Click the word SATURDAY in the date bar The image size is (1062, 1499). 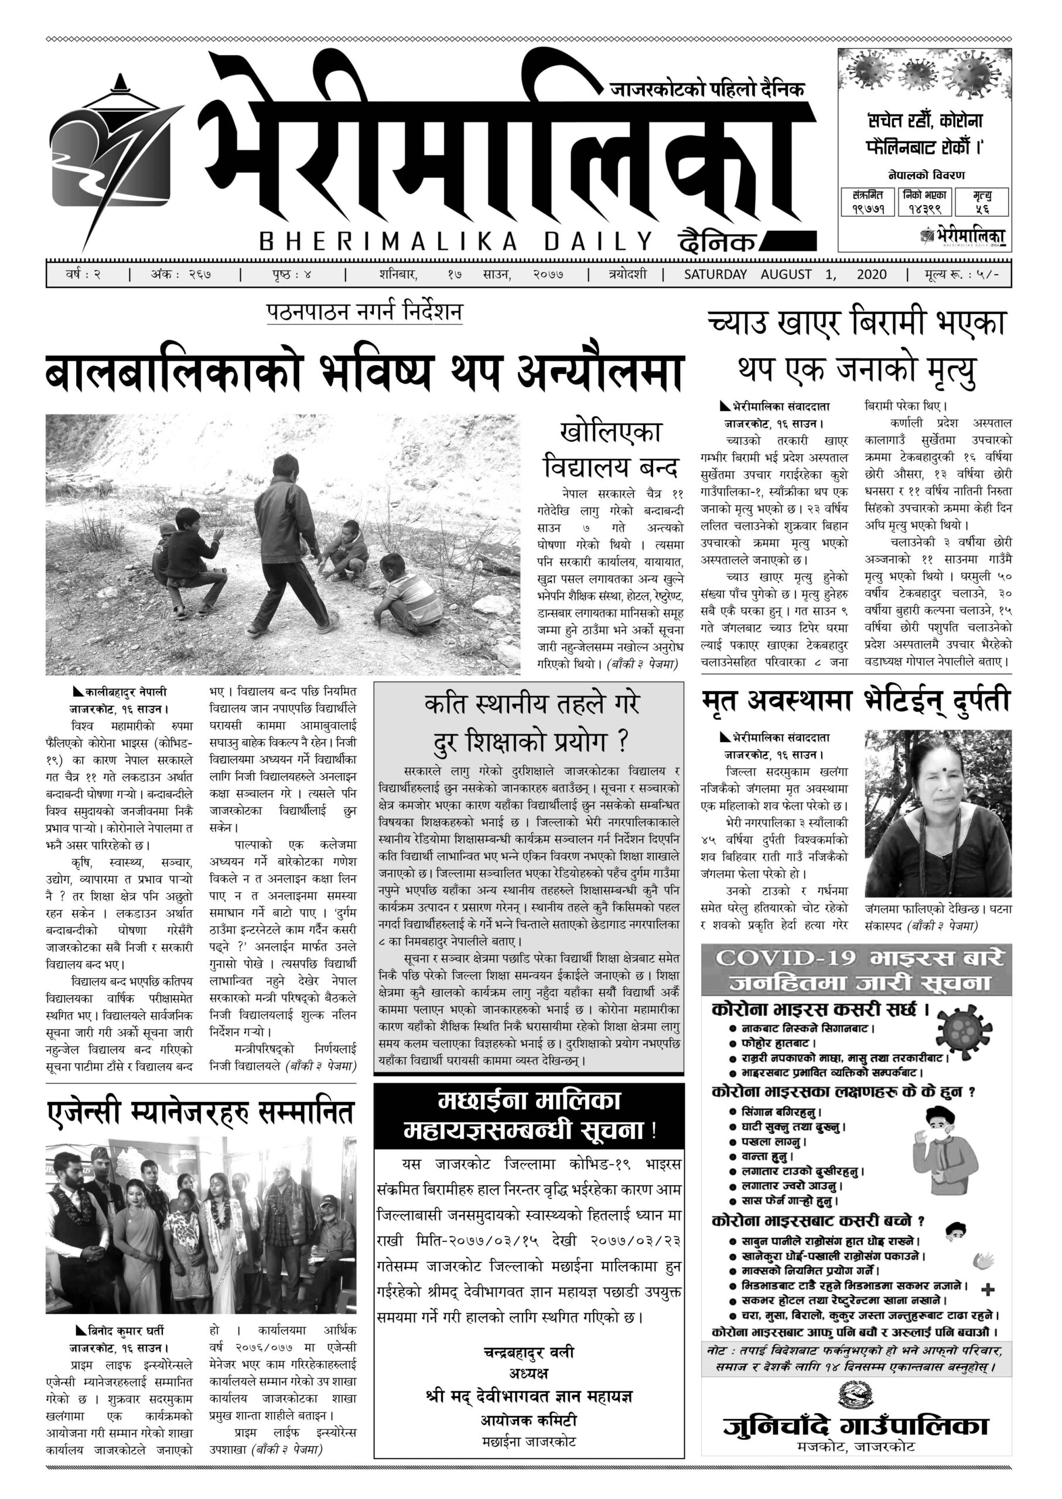pos(715,275)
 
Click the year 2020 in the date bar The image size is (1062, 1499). pos(871,275)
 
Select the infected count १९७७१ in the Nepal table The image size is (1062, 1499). pos(868,209)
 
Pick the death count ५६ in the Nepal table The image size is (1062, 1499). pos(981,209)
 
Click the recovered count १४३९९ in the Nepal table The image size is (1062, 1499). pos(924,209)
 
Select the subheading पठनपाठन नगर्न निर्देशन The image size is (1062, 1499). pos(364,312)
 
